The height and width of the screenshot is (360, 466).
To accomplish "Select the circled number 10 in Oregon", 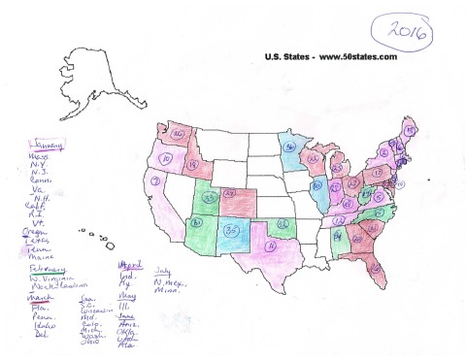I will tap(166, 157).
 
